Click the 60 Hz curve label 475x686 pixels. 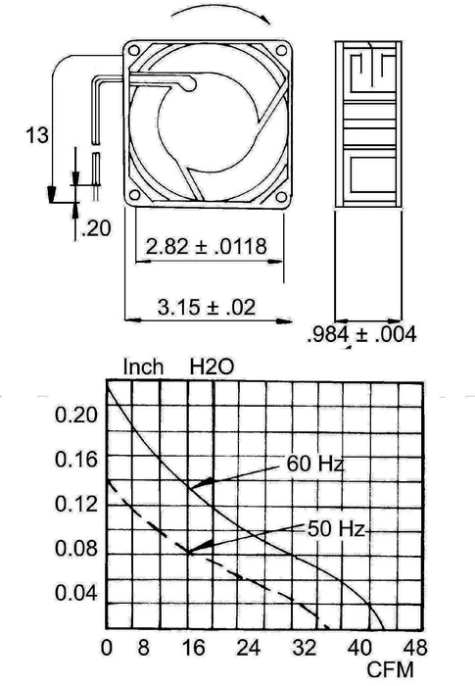pyautogui.click(x=315, y=464)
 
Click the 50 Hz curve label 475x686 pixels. pyautogui.click(x=336, y=530)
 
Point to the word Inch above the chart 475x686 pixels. pyautogui.click(x=143, y=367)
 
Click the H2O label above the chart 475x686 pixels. pyautogui.click(x=212, y=367)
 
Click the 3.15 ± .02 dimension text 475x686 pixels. pyautogui.click(x=207, y=308)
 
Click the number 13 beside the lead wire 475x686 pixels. pyautogui.click(x=37, y=135)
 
